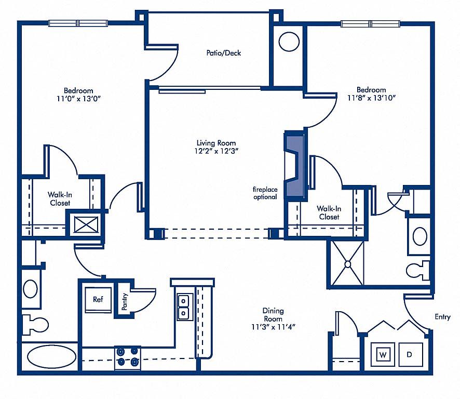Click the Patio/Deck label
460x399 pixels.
pyautogui.click(x=224, y=53)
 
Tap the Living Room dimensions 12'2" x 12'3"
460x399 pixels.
pyautogui.click(x=216, y=151)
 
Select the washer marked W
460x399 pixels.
pyautogui.click(x=383, y=354)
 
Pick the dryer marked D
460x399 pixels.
pyautogui.click(x=410, y=354)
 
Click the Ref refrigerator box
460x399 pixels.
pyautogui.click(x=98, y=300)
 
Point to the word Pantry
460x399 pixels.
pyautogui.click(x=125, y=301)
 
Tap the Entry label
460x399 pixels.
pyautogui.click(x=442, y=317)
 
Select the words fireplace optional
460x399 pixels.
pyautogui.click(x=265, y=193)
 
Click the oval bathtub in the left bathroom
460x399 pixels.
pyautogui.click(x=51, y=356)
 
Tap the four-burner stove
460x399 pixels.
pyautogui.click(x=128, y=357)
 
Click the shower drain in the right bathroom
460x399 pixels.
pyautogui.click(x=348, y=264)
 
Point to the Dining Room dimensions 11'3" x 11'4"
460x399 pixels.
pyautogui.click(x=273, y=327)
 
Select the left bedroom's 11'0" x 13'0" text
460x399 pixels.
pyautogui.click(x=78, y=99)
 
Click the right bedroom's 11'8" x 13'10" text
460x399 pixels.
pyautogui.click(x=372, y=98)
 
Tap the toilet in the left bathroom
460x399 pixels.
pyautogui.click(x=35, y=325)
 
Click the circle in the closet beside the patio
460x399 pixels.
pyautogui.click(x=289, y=42)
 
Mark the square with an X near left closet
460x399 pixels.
pyautogui.click(x=86, y=224)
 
